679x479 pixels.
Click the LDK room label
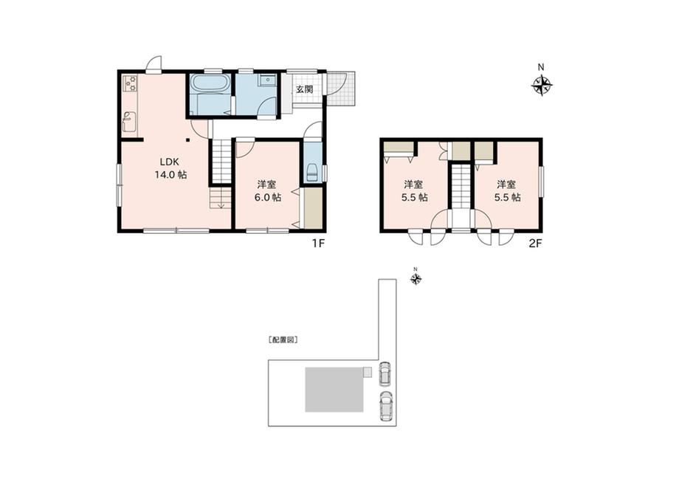pos(169,162)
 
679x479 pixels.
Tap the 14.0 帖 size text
pos(171,175)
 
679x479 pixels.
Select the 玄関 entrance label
pos(304,89)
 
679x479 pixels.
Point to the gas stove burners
pos(131,83)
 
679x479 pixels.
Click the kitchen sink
pos(130,122)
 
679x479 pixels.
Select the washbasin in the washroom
pos(268,80)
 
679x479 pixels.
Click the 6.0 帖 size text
pos(267,198)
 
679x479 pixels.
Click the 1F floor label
pos(318,244)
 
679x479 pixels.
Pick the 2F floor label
pos(535,244)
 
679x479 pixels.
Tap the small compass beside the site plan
pos(416,278)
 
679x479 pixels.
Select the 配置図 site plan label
pos(283,340)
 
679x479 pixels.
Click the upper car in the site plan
pos(384,373)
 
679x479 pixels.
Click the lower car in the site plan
pos(385,406)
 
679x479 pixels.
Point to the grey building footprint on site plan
pos(334,390)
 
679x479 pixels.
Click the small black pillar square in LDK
pos(188,140)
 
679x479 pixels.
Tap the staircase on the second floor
pos(461,186)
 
